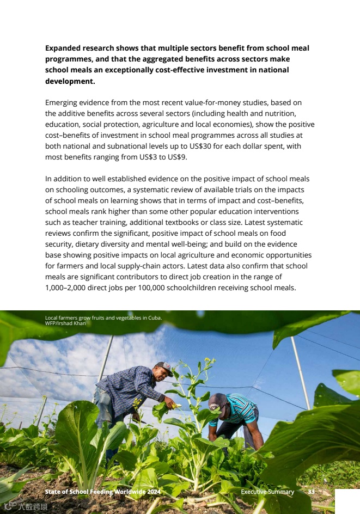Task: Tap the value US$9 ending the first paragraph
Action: click(177, 157)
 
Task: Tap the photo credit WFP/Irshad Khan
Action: click(65, 323)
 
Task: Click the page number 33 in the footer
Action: click(312, 492)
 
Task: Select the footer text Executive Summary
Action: click(267, 492)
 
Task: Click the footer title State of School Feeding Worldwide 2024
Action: click(102, 492)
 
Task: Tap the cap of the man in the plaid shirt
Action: click(163, 366)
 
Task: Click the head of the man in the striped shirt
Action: click(217, 403)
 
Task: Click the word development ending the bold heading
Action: click(69, 81)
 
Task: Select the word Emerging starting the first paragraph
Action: click(62, 103)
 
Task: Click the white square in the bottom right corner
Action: click(347, 501)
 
